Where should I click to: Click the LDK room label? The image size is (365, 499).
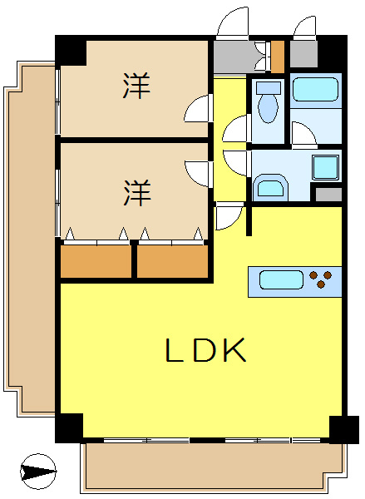coord(205,351)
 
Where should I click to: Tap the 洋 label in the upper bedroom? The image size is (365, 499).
coord(137,86)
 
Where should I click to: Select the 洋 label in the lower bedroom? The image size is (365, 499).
coord(137,193)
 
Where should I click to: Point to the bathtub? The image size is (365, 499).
coord(315,88)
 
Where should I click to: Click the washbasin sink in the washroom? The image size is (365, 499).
coord(269,185)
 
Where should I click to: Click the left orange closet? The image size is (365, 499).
coord(96,262)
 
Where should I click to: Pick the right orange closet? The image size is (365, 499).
coord(172,262)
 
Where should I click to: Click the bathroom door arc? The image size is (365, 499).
coord(301,133)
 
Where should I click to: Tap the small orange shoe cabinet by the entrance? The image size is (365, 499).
coord(277,55)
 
